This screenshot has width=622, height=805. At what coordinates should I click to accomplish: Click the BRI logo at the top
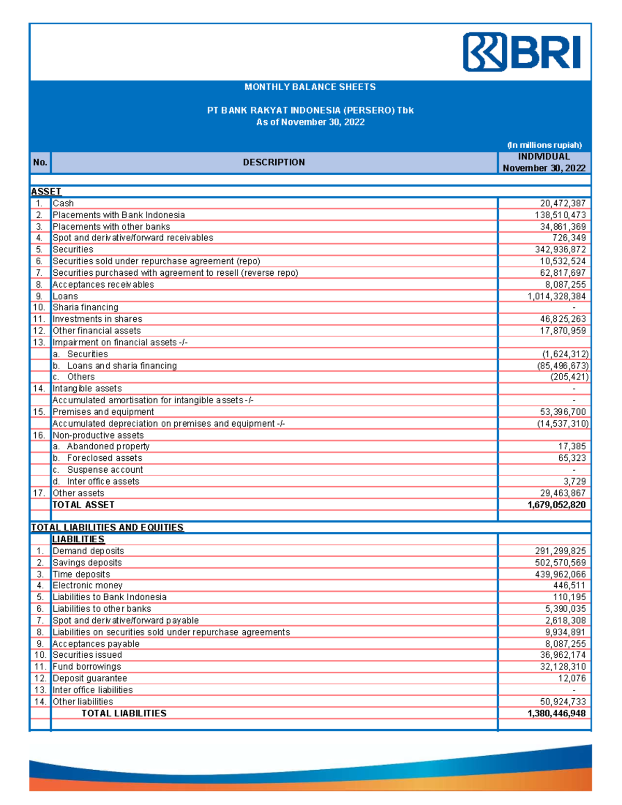point(521,52)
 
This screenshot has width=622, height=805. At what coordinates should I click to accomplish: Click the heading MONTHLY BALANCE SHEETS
point(310,87)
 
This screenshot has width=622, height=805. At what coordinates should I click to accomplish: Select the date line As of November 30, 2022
point(310,122)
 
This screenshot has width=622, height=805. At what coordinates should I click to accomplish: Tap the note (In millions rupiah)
point(544,145)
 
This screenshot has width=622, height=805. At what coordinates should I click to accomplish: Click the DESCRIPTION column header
point(274,162)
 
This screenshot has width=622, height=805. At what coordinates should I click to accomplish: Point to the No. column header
point(40,162)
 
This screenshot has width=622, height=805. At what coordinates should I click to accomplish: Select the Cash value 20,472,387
point(562,204)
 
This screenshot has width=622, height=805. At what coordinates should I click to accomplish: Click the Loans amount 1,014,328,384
point(557,296)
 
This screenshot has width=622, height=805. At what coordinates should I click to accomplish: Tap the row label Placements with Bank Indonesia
point(119,215)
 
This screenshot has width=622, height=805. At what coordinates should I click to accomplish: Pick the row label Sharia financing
point(86,307)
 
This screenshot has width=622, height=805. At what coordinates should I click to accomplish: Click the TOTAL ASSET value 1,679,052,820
point(557,505)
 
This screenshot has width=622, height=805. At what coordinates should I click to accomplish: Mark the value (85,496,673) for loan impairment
point(562,366)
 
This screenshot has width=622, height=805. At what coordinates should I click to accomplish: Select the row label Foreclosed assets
point(104,458)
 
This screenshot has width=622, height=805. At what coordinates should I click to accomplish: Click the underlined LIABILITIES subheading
point(78,540)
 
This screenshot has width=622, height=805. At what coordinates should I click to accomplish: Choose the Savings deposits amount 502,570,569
point(560,563)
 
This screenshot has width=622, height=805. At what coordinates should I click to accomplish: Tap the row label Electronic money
point(88,586)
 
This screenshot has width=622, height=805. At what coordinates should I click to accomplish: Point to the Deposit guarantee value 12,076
point(572,679)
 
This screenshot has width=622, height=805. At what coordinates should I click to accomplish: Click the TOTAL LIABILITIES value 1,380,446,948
point(557,714)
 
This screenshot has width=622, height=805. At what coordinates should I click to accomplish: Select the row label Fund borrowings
point(87,667)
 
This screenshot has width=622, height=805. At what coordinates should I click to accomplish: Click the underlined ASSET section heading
point(46,192)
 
